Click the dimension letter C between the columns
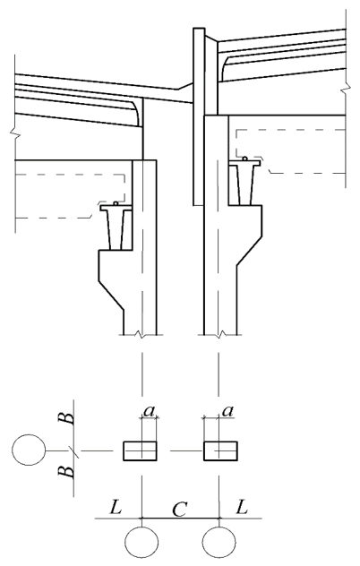click(x=179, y=510)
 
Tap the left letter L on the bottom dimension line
click(x=116, y=509)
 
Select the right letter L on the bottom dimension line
click(x=242, y=509)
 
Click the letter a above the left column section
click(x=149, y=411)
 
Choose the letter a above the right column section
click(x=227, y=411)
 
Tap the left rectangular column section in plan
click(x=140, y=450)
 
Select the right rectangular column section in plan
click(x=220, y=450)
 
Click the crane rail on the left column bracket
click(x=116, y=227)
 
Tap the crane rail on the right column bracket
click(x=244, y=184)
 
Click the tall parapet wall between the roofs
click(x=199, y=116)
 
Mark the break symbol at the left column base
click(x=142, y=335)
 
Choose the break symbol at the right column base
click(x=219, y=335)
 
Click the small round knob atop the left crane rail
click(x=116, y=203)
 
